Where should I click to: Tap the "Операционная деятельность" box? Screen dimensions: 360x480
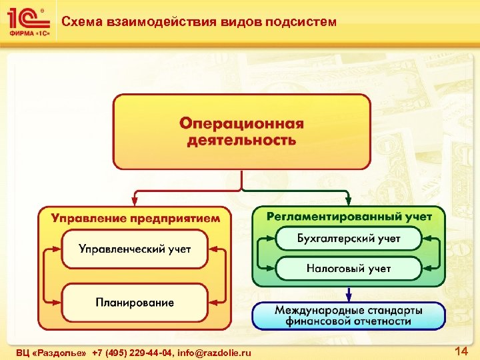click(x=241, y=131)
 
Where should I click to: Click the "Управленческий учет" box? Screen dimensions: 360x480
click(x=135, y=249)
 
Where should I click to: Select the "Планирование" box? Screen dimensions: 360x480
click(x=135, y=303)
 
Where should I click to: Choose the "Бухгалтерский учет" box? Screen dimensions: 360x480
click(x=349, y=238)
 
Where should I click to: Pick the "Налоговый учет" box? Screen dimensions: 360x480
click(x=349, y=269)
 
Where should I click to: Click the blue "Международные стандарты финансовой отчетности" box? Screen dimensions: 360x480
click(x=349, y=316)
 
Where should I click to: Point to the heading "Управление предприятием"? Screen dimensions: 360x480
click(x=135, y=217)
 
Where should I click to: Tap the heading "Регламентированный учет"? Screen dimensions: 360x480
click(x=349, y=216)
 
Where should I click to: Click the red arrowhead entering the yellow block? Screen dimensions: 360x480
click(x=135, y=200)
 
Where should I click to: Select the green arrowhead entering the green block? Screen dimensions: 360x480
click(x=349, y=200)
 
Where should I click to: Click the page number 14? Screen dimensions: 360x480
click(x=460, y=351)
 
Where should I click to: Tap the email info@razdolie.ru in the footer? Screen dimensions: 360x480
click(x=215, y=352)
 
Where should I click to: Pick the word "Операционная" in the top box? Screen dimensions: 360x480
click(x=241, y=124)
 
